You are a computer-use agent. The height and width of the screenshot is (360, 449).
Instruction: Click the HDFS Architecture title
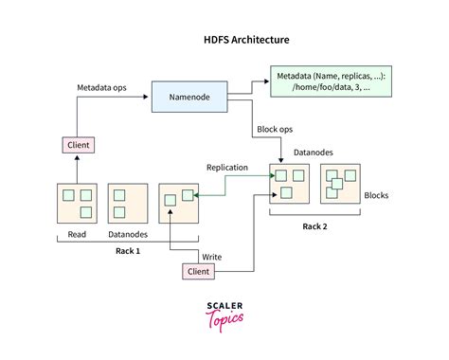(x=224, y=41)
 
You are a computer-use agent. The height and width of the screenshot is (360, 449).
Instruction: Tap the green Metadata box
(x=331, y=81)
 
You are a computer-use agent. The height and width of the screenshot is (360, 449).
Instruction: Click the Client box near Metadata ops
(x=77, y=145)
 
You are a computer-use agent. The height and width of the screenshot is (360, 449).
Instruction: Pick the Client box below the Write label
(x=199, y=272)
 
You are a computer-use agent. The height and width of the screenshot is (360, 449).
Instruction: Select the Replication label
(x=227, y=168)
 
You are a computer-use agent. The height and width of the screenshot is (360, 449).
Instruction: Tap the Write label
(x=212, y=256)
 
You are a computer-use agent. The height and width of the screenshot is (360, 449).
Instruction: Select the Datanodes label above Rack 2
(x=312, y=152)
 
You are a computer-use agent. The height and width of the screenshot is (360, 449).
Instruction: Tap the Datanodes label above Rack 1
(x=127, y=236)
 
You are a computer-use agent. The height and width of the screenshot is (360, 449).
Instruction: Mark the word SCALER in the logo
(x=225, y=305)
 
